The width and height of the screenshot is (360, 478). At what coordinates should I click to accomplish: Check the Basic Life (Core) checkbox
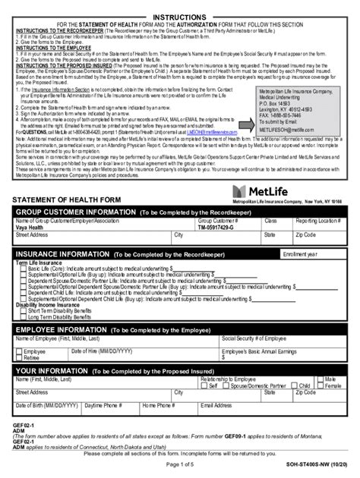pyautogui.click(x=23, y=268)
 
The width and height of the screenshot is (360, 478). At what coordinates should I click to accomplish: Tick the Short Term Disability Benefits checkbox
pyautogui.click(x=23, y=310)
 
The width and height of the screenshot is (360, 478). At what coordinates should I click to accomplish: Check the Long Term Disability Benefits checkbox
pyautogui.click(x=23, y=316)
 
